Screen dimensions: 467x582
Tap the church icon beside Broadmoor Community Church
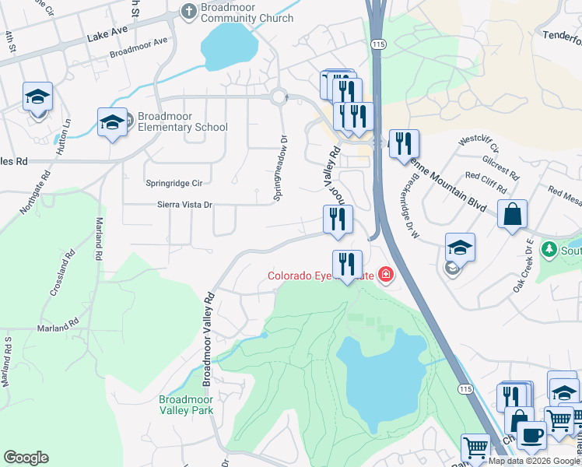(188, 11)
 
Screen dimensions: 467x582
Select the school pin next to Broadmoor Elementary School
(112, 123)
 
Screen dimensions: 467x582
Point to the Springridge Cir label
(174, 183)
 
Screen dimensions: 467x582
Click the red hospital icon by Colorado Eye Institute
(384, 274)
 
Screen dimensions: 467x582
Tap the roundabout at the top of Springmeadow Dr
(279, 97)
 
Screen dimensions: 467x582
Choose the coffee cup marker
(531, 435)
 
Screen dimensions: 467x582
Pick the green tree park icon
(550, 249)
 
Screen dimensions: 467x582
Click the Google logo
(26, 458)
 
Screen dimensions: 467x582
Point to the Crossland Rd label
(63, 273)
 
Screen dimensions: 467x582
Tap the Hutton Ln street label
(67, 132)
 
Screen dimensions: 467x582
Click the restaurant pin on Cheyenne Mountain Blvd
(404, 144)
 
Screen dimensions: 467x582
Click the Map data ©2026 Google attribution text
(534, 461)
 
